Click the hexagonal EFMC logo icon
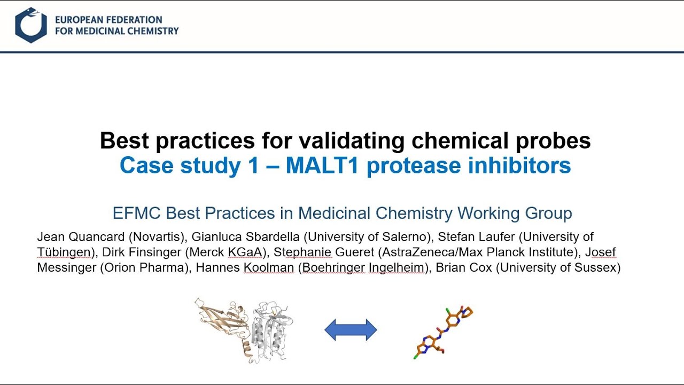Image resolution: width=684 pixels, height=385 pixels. (x=30, y=25)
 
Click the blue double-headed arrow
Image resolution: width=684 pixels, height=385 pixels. (x=351, y=330)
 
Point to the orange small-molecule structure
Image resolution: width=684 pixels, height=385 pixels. (x=443, y=332)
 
